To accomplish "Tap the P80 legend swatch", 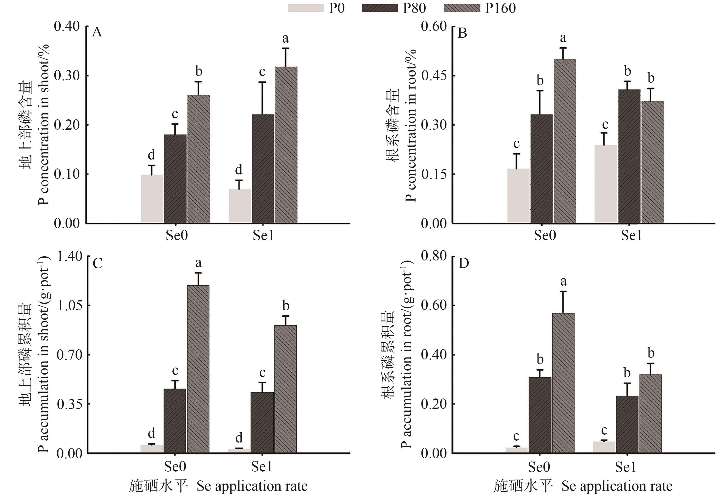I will pos(380,8).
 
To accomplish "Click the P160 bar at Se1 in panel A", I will pos(286,145).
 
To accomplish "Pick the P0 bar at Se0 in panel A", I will pos(152,199).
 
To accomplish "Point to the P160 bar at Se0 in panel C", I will pos(198,369).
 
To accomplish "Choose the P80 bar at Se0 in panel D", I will pos(540,415).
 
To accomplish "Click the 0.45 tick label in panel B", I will pos(434,76).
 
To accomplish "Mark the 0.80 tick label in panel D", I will pos(434,256).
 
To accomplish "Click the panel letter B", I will pos(462,33).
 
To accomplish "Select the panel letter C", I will pos(97,263).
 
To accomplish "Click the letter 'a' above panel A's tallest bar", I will pos(285,39).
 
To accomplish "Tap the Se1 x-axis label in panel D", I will pos(625,467).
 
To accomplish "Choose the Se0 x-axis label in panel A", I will pos(176,235).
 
